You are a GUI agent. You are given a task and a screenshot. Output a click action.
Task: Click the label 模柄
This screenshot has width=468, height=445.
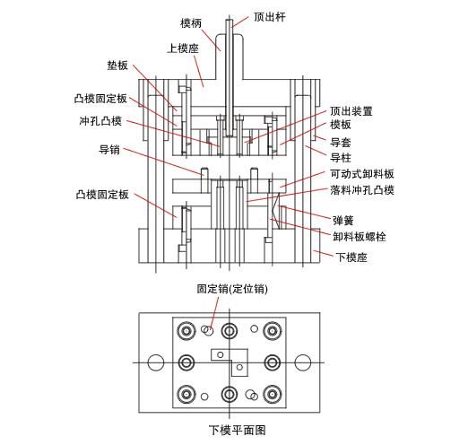(x=191, y=23)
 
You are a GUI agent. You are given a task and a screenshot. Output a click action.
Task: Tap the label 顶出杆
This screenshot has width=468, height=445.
(x=270, y=16)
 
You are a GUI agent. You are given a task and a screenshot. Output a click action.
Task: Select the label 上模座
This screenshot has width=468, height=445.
(x=182, y=47)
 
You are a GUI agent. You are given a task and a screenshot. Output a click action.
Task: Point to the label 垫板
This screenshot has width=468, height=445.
(x=117, y=66)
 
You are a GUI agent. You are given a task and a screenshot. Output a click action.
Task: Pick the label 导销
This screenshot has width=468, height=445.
(x=108, y=150)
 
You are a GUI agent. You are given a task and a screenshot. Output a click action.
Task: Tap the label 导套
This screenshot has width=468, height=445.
(x=340, y=142)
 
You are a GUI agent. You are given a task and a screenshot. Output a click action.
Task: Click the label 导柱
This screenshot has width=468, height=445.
(x=340, y=157)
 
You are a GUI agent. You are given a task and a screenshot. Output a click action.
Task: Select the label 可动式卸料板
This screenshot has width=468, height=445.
(x=362, y=174)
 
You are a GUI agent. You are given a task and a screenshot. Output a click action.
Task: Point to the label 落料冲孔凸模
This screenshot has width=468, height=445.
(x=362, y=190)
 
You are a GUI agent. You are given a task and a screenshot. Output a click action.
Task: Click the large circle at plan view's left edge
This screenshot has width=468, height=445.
(x=155, y=362)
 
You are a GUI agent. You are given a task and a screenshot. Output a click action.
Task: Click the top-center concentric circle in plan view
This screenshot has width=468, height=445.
(x=230, y=331)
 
